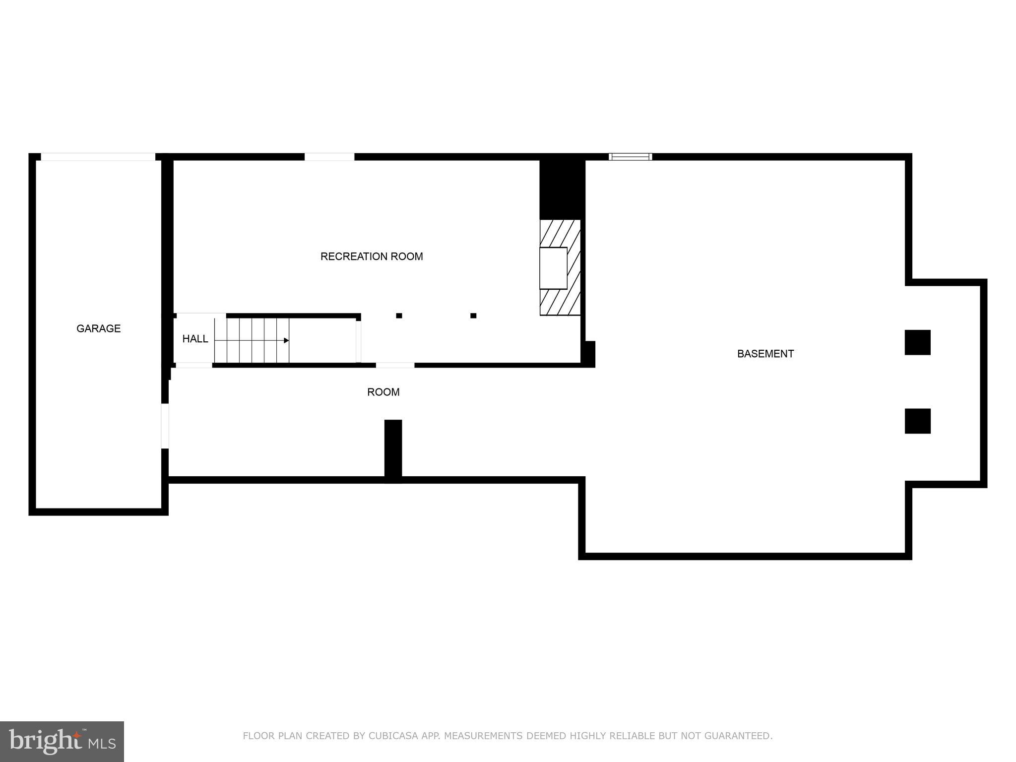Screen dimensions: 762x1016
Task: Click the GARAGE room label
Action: click(98, 328)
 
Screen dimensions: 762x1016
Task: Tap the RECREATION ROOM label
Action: click(372, 256)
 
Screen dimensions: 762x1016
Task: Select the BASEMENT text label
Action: click(765, 354)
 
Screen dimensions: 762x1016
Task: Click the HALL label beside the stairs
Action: click(195, 339)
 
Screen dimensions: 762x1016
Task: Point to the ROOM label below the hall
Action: click(383, 392)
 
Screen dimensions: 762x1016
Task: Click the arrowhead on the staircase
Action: click(286, 340)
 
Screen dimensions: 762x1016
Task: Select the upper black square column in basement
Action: click(917, 342)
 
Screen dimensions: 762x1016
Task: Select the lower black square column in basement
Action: click(917, 421)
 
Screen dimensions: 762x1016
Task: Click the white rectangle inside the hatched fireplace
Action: click(553, 268)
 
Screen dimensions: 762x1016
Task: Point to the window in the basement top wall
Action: click(630, 157)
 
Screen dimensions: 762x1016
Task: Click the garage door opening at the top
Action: click(98, 157)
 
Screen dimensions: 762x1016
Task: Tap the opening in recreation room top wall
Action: click(329, 157)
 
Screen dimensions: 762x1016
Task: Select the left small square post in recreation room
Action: click(399, 316)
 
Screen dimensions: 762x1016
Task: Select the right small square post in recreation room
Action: click(473, 316)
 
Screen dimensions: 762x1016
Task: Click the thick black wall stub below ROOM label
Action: click(393, 449)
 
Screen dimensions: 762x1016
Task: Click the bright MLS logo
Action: click(62, 741)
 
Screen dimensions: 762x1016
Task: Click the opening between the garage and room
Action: click(165, 426)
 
